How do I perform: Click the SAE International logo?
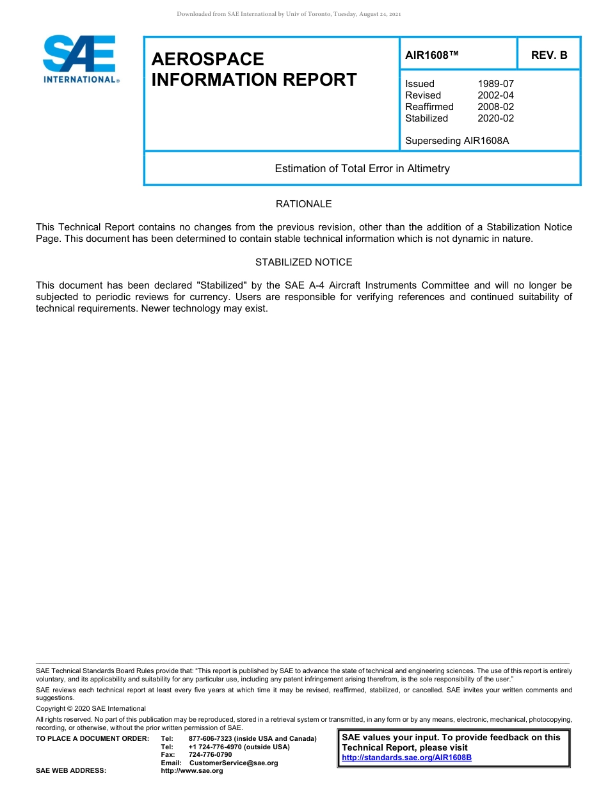[80, 60]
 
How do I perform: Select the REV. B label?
[549, 55]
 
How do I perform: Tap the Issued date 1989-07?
[495, 84]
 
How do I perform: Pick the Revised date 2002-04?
[495, 95]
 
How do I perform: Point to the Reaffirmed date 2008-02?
[495, 107]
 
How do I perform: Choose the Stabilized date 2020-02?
[495, 118]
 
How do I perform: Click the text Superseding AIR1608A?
[457, 141]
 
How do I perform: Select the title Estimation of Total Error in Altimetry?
[362, 169]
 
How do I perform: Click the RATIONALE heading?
[303, 204]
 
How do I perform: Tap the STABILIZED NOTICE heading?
[303, 262]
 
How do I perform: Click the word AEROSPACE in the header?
[207, 60]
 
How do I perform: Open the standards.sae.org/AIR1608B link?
[406, 758]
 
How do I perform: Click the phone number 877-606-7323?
[211, 739]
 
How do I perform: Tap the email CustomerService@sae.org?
[234, 763]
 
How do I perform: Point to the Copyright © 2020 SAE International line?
[91, 708]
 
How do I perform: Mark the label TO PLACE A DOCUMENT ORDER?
[92, 739]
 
